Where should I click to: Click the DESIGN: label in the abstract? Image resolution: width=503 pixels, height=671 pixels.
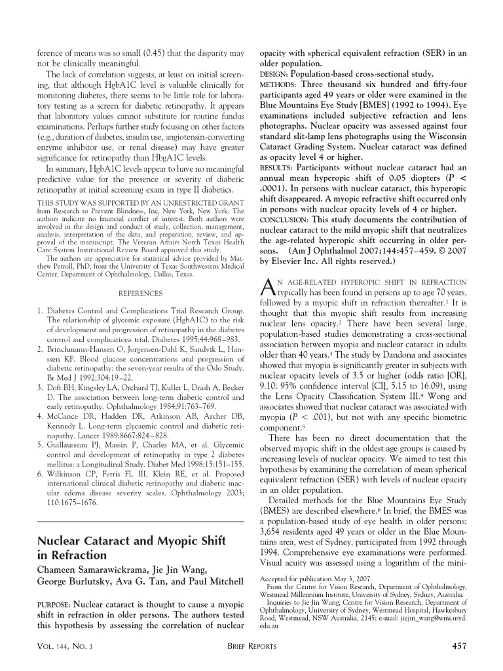(274, 74)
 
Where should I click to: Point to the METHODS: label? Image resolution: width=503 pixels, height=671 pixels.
(278, 85)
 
